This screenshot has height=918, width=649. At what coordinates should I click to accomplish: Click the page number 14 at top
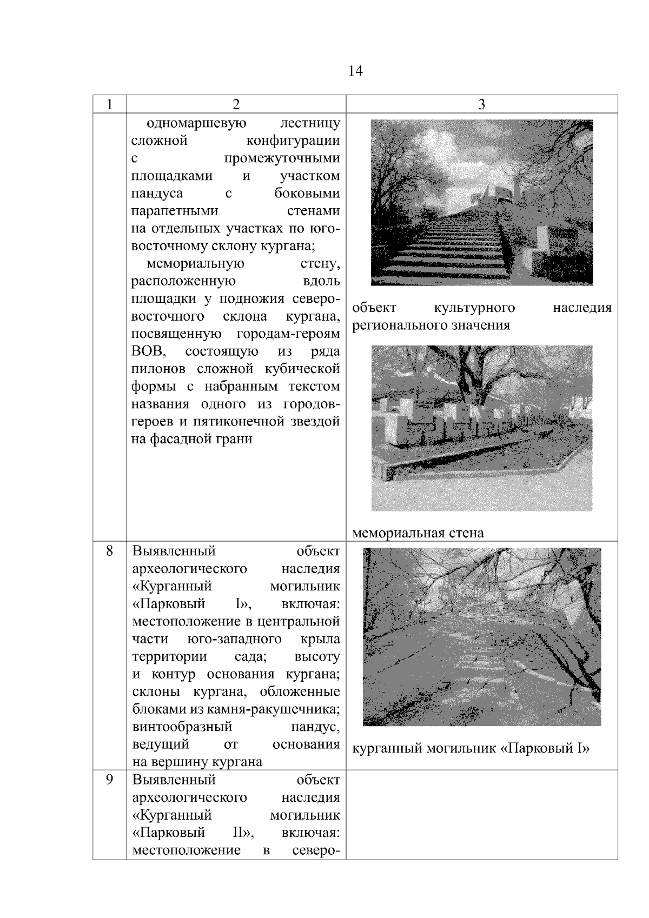tap(355, 71)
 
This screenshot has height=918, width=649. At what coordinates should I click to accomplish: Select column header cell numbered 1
tap(109, 104)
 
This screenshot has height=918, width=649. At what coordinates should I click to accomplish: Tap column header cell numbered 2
tap(236, 104)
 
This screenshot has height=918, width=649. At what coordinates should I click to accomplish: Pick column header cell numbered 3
tap(481, 104)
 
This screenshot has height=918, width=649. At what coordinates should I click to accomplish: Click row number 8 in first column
tap(109, 551)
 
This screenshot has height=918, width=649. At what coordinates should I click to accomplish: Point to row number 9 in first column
tap(109, 780)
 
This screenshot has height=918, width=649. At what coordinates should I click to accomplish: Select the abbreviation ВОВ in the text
tap(148, 351)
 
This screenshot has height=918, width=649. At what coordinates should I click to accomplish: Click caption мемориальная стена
tap(418, 533)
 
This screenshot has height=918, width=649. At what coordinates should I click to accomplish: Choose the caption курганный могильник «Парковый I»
tap(471, 748)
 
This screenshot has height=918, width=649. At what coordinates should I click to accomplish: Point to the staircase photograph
tap(481, 202)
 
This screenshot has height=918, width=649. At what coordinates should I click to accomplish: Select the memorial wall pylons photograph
tap(481, 428)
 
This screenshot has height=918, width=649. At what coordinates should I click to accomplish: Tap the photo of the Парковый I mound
tap(481, 636)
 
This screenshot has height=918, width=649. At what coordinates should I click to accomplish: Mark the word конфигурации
tap(293, 141)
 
